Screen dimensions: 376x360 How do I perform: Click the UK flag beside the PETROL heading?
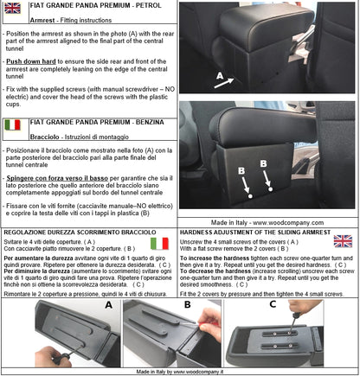[x=14, y=10]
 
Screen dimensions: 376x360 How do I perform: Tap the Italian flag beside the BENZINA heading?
[x=13, y=126]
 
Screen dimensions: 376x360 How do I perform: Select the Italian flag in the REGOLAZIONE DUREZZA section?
[x=160, y=245]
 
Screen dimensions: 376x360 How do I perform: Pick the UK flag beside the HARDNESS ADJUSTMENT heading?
[x=343, y=241]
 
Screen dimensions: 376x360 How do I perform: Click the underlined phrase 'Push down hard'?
[x=30, y=63]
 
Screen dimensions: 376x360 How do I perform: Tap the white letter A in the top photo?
[x=196, y=76]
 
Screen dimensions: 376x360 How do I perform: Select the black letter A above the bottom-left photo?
[x=108, y=304]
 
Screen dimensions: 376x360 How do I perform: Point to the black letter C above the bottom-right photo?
[x=274, y=304]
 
